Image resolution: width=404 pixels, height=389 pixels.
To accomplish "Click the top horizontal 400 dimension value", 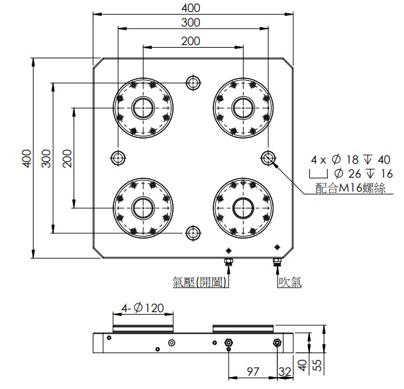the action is click(x=191, y=8).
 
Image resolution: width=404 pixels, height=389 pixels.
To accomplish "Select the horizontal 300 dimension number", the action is click(x=191, y=23).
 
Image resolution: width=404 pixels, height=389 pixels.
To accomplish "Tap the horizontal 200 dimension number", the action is click(x=191, y=41).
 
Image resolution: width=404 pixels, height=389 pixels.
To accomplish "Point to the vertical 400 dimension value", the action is click(x=26, y=158).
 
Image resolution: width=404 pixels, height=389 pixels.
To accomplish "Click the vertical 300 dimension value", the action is click(x=46, y=158).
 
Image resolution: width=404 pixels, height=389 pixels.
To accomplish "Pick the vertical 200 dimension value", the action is click(x=67, y=158).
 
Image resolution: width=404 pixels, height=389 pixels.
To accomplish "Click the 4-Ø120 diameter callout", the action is click(x=142, y=307).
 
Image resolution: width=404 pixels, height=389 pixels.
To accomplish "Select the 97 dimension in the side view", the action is click(x=252, y=372).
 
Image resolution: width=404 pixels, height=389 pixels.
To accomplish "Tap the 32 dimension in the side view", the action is click(x=285, y=372).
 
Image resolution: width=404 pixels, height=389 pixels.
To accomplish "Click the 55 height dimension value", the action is click(x=319, y=365).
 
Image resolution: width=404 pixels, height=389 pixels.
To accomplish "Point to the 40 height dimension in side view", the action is click(x=303, y=365).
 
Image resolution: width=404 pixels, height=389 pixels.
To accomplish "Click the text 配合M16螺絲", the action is click(x=350, y=188).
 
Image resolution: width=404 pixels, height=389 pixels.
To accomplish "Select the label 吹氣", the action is click(x=290, y=282).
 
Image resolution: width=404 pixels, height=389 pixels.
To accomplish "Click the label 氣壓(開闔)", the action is click(x=199, y=282).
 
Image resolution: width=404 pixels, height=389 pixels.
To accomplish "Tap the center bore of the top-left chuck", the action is click(x=143, y=108).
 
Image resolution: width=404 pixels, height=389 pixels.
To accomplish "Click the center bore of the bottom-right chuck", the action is click(x=243, y=208).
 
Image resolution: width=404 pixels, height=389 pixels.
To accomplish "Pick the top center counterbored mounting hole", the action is click(x=193, y=83).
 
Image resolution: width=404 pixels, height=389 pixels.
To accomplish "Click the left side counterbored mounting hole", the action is click(x=118, y=158).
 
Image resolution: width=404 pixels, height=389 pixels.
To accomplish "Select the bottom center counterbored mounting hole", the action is click(x=193, y=233).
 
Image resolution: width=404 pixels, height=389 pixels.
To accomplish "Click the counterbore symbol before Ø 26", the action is click(x=319, y=174).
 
